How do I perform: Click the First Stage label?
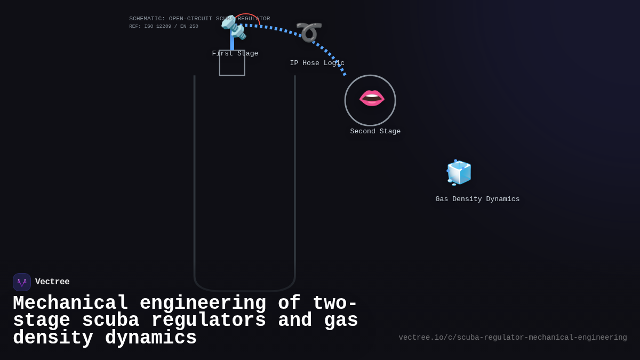tap(235, 54)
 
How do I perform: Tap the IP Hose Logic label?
tap(317, 63)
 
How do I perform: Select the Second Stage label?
tap(375, 132)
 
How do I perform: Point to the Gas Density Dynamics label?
tap(477, 199)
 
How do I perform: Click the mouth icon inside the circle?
tap(372, 98)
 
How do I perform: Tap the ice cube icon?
tap(459, 172)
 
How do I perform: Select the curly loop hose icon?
tap(309, 31)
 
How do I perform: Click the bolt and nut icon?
tap(234, 28)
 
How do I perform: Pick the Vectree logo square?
tap(22, 282)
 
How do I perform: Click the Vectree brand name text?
tap(52, 282)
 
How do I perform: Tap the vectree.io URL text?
tap(513, 338)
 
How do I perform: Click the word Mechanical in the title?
tap(70, 303)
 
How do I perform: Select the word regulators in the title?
tap(209, 321)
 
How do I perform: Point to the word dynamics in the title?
tap(151, 338)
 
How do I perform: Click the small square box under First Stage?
tap(232, 63)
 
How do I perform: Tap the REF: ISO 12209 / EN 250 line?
tap(163, 27)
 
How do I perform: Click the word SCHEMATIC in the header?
tap(147, 19)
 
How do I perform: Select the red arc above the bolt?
tap(249, 15)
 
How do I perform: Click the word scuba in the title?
tap(110, 321)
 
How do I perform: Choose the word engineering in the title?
tap(203, 303)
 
